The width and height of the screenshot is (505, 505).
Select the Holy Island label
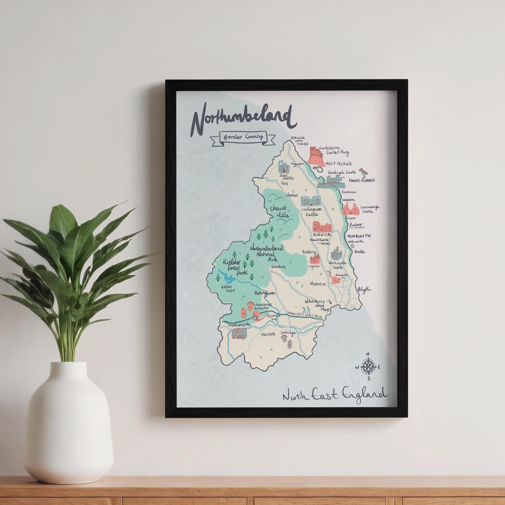(x=338, y=164)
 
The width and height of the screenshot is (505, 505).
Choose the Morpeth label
(x=318, y=284)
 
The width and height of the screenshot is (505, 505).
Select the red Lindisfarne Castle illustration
(x=317, y=156)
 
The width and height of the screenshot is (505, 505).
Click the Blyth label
(x=364, y=289)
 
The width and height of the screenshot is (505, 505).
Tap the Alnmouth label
(x=359, y=236)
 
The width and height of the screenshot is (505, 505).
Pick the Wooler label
(x=292, y=195)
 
